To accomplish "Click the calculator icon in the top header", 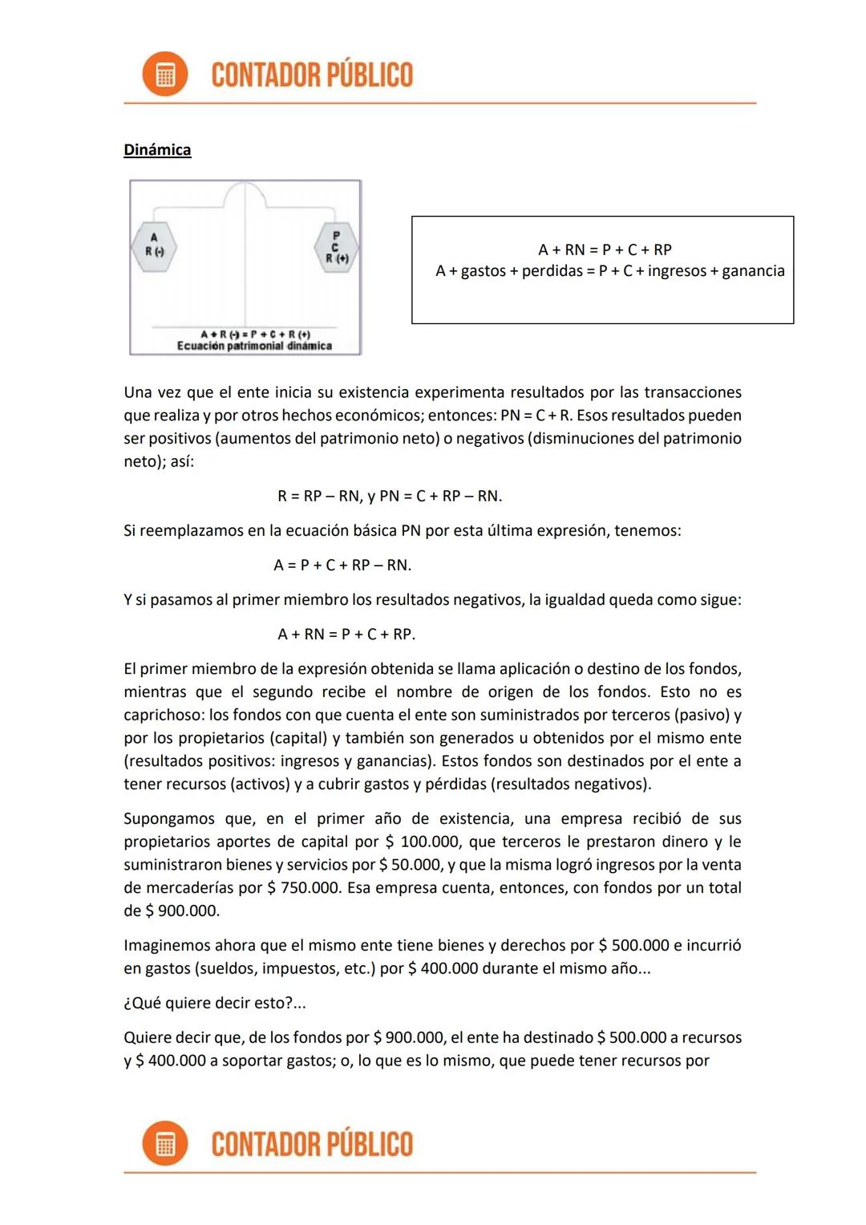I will pyautogui.click(x=164, y=75).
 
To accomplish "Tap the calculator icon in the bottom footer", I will pyautogui.click(x=164, y=1143).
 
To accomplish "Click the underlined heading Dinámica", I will pyautogui.click(x=157, y=150).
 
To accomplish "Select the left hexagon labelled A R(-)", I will pyautogui.click(x=154, y=245).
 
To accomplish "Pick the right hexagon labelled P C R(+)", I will pyautogui.click(x=335, y=247).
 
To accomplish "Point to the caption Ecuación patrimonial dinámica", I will pyautogui.click(x=254, y=347).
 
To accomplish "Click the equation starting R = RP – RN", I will pyautogui.click(x=390, y=496).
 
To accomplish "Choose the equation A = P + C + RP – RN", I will pyautogui.click(x=342, y=565).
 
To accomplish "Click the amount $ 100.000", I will pyautogui.click(x=423, y=842).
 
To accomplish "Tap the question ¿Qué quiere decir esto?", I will pyautogui.click(x=214, y=1003).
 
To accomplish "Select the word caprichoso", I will pyautogui.click(x=163, y=715).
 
